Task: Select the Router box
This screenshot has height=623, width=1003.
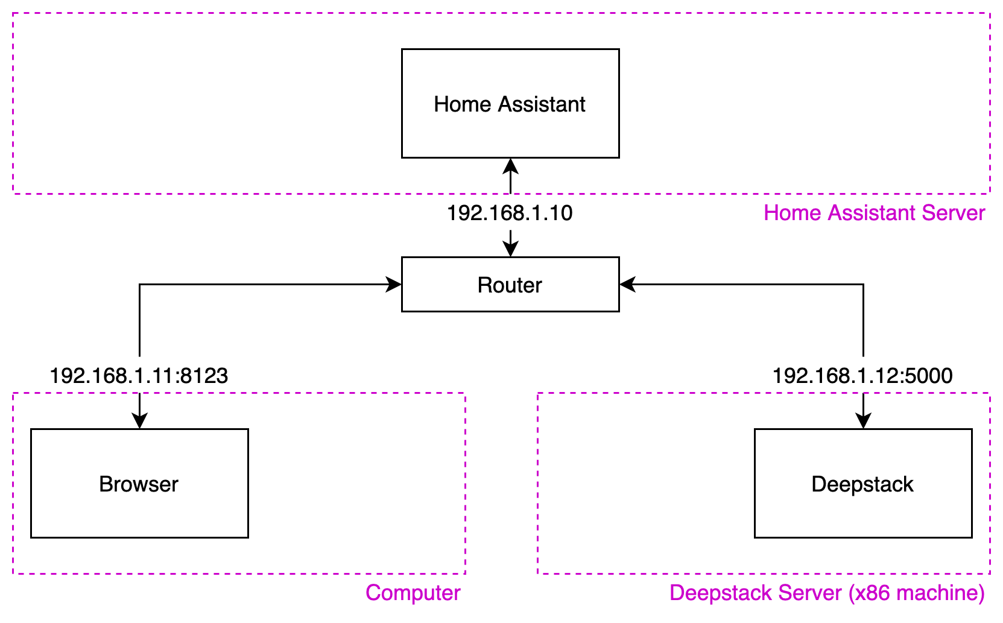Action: [x=510, y=285]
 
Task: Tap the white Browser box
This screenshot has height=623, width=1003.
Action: [x=139, y=483]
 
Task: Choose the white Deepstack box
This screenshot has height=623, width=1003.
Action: [x=863, y=483]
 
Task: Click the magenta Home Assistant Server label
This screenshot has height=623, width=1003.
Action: [x=874, y=213]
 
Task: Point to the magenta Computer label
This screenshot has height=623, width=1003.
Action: [x=413, y=593]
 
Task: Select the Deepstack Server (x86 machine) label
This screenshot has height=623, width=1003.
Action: [x=827, y=593]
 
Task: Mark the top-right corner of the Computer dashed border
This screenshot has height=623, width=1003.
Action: [x=465, y=393]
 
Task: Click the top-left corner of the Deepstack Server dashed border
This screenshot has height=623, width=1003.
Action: [x=537, y=393]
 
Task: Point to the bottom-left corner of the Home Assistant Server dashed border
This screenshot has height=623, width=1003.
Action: [x=13, y=194]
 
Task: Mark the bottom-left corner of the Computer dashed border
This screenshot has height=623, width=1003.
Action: [x=13, y=574]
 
